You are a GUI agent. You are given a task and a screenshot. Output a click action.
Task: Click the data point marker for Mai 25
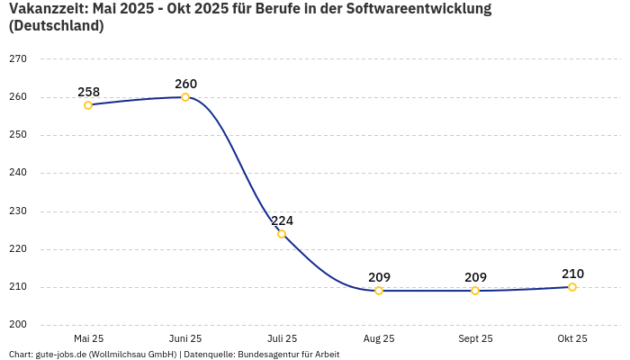click(x=88, y=105)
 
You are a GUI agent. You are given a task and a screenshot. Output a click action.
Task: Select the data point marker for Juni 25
click(x=185, y=97)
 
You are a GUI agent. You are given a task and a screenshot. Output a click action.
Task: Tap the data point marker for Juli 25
click(x=282, y=234)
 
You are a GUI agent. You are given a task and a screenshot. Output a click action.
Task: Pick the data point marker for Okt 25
click(x=572, y=287)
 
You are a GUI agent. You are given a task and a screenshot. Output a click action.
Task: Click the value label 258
click(x=88, y=92)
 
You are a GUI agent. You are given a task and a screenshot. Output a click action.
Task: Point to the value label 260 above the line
click(x=185, y=84)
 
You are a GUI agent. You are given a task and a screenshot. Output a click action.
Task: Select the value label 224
click(x=282, y=220)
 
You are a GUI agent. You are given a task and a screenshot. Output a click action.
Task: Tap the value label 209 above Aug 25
click(x=379, y=277)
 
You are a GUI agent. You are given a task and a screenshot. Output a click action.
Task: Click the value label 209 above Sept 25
click(x=475, y=277)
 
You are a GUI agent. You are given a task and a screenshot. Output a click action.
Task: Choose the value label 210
click(x=572, y=274)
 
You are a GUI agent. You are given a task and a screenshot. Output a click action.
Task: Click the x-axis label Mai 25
click(x=88, y=338)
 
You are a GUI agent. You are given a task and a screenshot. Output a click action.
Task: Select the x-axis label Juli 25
click(x=282, y=338)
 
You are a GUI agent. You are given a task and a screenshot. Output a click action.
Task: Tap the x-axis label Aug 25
click(x=379, y=338)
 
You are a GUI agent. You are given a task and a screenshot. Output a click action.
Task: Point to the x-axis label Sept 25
click(x=475, y=338)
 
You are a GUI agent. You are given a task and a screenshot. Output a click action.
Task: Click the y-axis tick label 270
click(x=18, y=58)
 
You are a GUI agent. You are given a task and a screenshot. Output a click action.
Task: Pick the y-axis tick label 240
click(x=18, y=173)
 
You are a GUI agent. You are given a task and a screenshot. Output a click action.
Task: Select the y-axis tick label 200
click(x=18, y=325)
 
